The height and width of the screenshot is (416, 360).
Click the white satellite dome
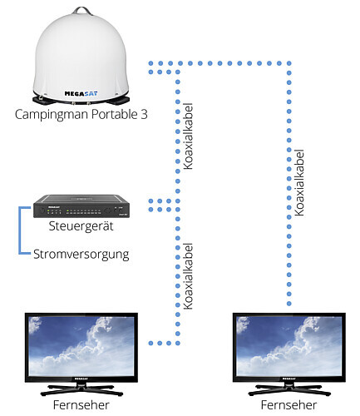tap(81, 57)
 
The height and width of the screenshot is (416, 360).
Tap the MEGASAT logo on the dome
tap(81, 93)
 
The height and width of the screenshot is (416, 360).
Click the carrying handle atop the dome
tap(81, 11)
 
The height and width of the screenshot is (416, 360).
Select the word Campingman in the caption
tap(52, 115)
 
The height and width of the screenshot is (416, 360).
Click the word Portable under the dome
tap(115, 114)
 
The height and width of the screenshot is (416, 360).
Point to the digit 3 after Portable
tap(144, 115)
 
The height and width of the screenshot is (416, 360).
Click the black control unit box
tap(81, 206)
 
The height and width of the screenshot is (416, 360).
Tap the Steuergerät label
tap(81, 226)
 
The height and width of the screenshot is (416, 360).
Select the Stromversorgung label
tap(81, 255)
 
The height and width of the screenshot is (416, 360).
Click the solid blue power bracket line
tap(20, 230)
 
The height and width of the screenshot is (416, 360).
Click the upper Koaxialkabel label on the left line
tap(188, 136)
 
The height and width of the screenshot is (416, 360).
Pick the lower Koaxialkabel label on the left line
tap(188, 276)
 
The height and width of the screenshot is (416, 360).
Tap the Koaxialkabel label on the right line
tap(299, 183)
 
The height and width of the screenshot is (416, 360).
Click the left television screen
tap(81, 346)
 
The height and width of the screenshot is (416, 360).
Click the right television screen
tap(289, 346)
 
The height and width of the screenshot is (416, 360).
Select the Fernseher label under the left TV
tap(81, 405)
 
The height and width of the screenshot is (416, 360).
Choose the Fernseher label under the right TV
tap(288, 405)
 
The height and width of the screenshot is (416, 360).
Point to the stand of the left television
tap(81, 389)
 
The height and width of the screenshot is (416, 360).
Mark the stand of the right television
tap(289, 389)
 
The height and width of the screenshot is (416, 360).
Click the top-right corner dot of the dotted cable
tap(289, 63)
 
